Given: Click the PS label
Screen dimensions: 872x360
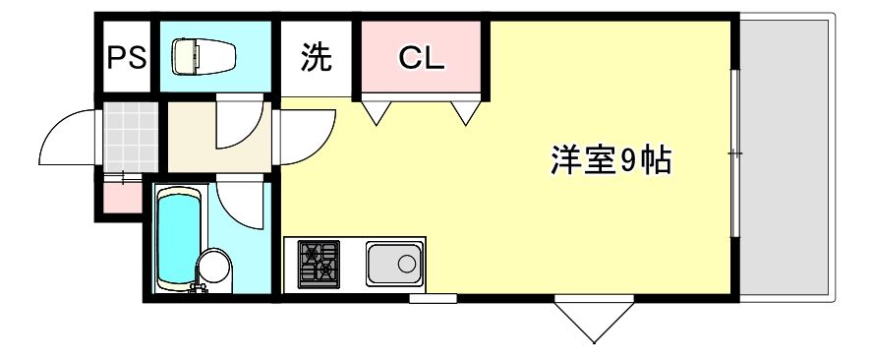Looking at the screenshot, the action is [x=127, y=57].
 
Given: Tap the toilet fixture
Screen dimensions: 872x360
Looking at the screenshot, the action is [x=203, y=56].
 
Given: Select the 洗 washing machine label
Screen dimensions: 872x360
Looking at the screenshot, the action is [x=316, y=57].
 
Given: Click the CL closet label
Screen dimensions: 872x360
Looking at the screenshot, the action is [x=422, y=57].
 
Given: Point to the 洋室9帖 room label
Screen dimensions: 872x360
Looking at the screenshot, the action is [x=611, y=160].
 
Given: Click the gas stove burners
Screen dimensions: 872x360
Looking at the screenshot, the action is [x=319, y=264].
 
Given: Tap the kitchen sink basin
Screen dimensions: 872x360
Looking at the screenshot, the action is [x=393, y=264].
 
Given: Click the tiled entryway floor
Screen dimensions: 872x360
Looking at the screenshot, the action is [x=131, y=137].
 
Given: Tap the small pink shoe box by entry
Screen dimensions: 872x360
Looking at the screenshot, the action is [x=122, y=198].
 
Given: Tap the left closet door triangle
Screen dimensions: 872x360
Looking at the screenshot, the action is [x=377, y=113].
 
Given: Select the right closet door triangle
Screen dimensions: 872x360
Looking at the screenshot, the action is [x=466, y=113].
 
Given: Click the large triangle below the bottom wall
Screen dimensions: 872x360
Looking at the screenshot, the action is [x=594, y=322].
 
